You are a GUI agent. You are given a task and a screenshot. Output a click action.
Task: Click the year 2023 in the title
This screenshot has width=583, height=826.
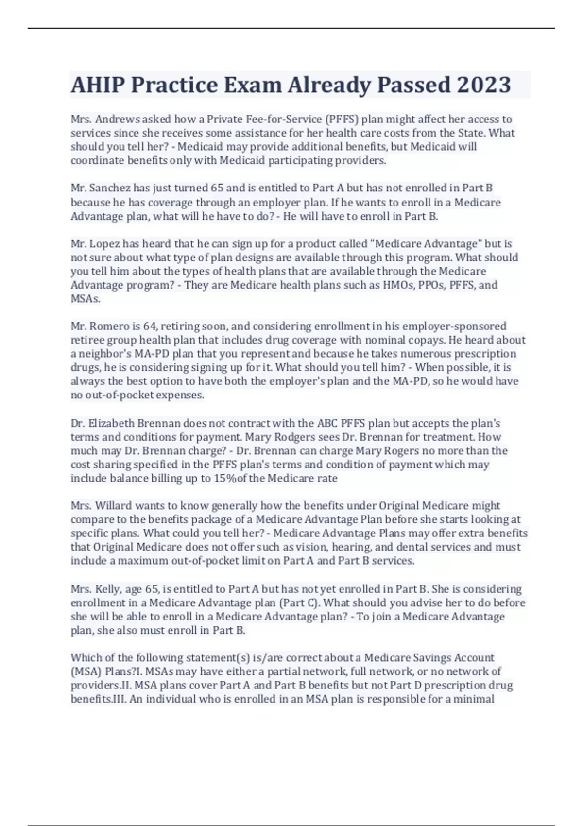483,85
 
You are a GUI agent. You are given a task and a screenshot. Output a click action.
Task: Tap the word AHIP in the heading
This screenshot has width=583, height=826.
97,85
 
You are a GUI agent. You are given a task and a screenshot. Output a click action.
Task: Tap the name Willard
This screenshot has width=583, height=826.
114,506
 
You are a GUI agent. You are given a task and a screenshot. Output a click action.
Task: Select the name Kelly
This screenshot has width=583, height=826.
107,589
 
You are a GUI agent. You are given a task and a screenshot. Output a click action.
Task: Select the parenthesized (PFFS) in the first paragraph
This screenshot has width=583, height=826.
342,119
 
